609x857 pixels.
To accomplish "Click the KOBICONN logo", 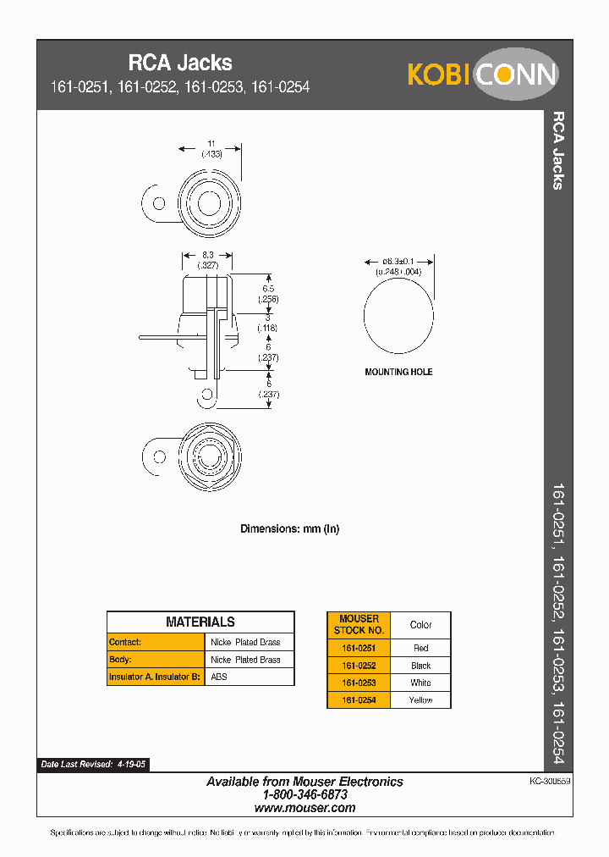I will [482, 75].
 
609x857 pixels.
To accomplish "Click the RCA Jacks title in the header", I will [179, 63].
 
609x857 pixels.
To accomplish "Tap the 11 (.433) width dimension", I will [211, 149].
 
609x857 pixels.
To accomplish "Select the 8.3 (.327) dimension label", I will [208, 259].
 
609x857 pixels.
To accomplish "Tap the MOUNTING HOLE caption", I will [398, 373].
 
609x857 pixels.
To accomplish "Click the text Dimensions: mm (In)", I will [289, 528].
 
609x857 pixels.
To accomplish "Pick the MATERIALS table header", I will [200, 622].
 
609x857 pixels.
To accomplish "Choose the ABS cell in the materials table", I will [219, 677].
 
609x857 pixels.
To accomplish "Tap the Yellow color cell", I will [420, 700].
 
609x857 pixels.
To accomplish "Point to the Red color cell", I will [420, 648].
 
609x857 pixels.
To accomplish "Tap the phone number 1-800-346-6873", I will [304, 795].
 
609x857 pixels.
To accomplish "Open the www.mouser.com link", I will [304, 809].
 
